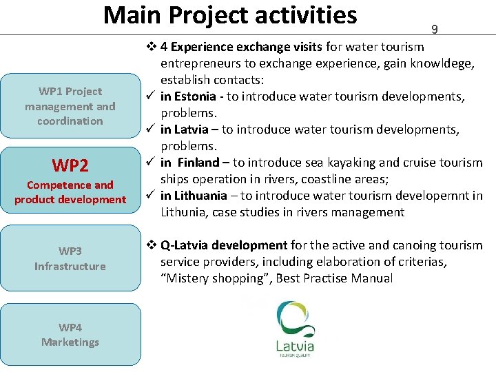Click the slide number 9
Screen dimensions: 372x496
[x=435, y=30]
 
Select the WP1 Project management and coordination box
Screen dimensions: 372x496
[x=70, y=106]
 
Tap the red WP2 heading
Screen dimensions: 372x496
[x=70, y=165]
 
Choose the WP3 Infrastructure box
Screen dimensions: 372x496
[x=70, y=258]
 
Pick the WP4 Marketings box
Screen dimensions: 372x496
[x=70, y=335]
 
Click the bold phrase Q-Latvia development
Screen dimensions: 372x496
[x=224, y=245]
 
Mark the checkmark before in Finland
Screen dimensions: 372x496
[x=149, y=163]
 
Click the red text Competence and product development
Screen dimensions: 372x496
[x=70, y=192]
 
